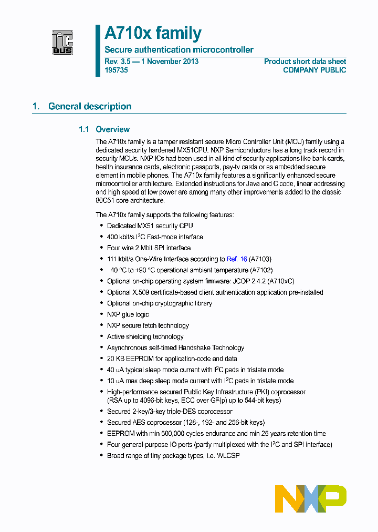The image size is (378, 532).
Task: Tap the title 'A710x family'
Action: (153, 33)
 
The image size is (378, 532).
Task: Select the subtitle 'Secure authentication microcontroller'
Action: (179, 50)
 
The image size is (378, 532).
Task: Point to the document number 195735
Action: (116, 70)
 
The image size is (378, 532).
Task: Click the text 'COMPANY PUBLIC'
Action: (314, 70)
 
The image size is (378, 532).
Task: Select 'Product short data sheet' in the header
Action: (304, 62)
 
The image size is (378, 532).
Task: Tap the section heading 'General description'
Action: (90, 106)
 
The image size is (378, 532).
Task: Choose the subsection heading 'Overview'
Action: (112, 129)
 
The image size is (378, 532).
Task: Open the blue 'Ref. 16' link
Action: (237, 259)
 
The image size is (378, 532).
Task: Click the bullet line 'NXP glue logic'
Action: (128, 314)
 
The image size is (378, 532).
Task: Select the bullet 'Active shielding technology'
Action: (145, 336)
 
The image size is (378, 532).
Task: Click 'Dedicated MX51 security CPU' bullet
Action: (150, 226)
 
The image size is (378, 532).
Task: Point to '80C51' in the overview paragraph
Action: (105, 200)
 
